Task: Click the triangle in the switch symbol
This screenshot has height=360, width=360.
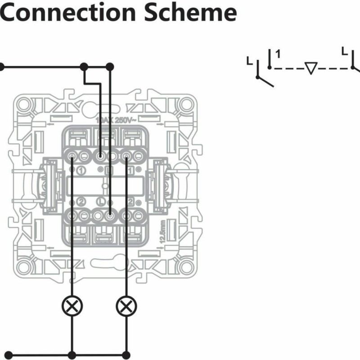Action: pyautogui.click(x=310, y=68)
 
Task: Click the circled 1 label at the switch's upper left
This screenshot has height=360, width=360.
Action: pyautogui.click(x=81, y=171)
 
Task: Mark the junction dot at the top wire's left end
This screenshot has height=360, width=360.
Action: pyautogui.click(x=1, y=67)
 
